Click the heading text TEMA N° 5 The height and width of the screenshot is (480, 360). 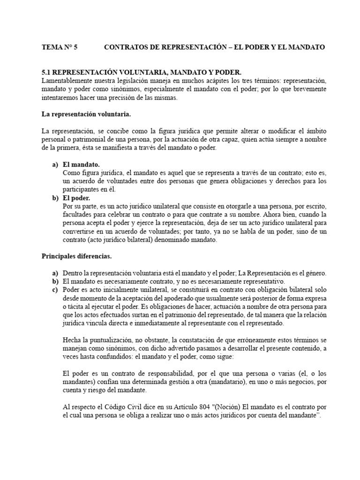tap(60, 47)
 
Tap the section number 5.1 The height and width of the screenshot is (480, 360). tap(47, 72)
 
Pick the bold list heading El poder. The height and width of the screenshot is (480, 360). tap(77, 198)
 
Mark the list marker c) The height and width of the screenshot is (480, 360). tap(55, 290)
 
